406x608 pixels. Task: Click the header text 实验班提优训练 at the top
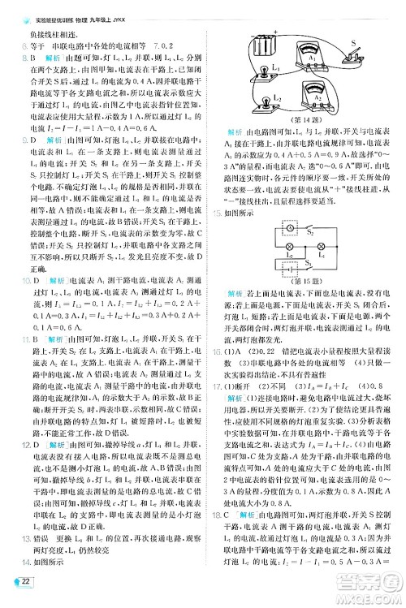tap(58, 6)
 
